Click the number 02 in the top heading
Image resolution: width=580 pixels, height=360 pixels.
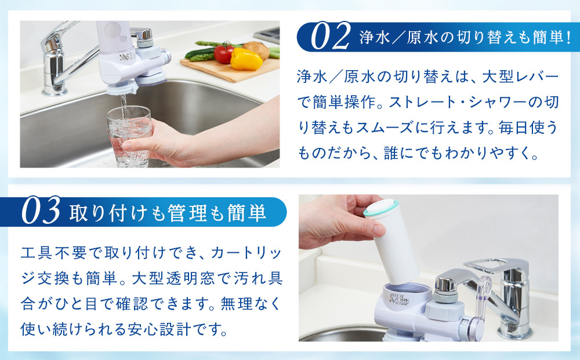(330, 37)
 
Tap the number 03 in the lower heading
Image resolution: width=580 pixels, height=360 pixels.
(41, 211)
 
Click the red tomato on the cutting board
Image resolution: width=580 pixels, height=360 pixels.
(223, 53)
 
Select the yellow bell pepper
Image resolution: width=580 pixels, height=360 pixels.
(246, 59)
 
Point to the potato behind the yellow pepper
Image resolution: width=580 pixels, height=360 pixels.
(256, 49)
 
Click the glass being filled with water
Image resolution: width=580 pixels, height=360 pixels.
(129, 136)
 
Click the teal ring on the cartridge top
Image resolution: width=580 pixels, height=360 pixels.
(381, 208)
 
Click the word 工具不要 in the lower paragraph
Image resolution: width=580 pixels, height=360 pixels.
(55, 253)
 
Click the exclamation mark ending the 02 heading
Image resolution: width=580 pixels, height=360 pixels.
(568, 37)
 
